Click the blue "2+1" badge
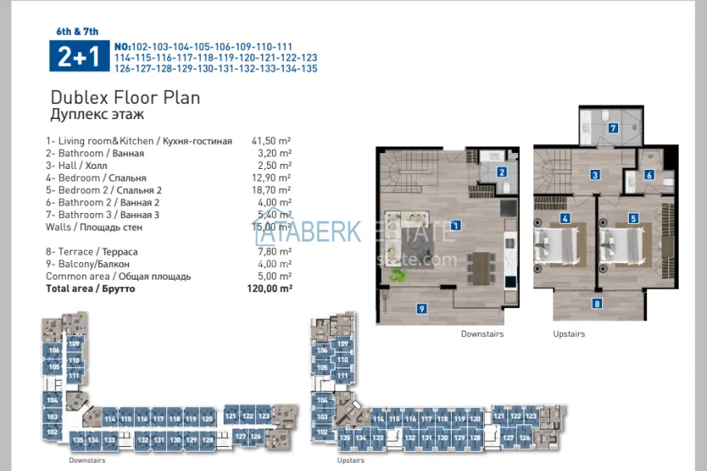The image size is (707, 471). (77, 57)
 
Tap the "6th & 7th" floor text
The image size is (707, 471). (77, 32)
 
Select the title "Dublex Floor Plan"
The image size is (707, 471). (125, 97)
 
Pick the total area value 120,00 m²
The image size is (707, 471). (271, 289)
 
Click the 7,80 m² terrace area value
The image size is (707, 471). (274, 251)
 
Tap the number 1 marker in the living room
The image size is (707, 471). (456, 225)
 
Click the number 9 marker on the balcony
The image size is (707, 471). (422, 309)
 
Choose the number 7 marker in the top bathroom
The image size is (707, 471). (613, 128)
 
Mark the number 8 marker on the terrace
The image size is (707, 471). (596, 304)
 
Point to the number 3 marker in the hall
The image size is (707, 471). (596, 175)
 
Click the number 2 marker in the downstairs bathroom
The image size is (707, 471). (502, 172)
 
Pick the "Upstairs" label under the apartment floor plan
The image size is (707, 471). (569, 334)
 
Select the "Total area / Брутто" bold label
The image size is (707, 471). (91, 289)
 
